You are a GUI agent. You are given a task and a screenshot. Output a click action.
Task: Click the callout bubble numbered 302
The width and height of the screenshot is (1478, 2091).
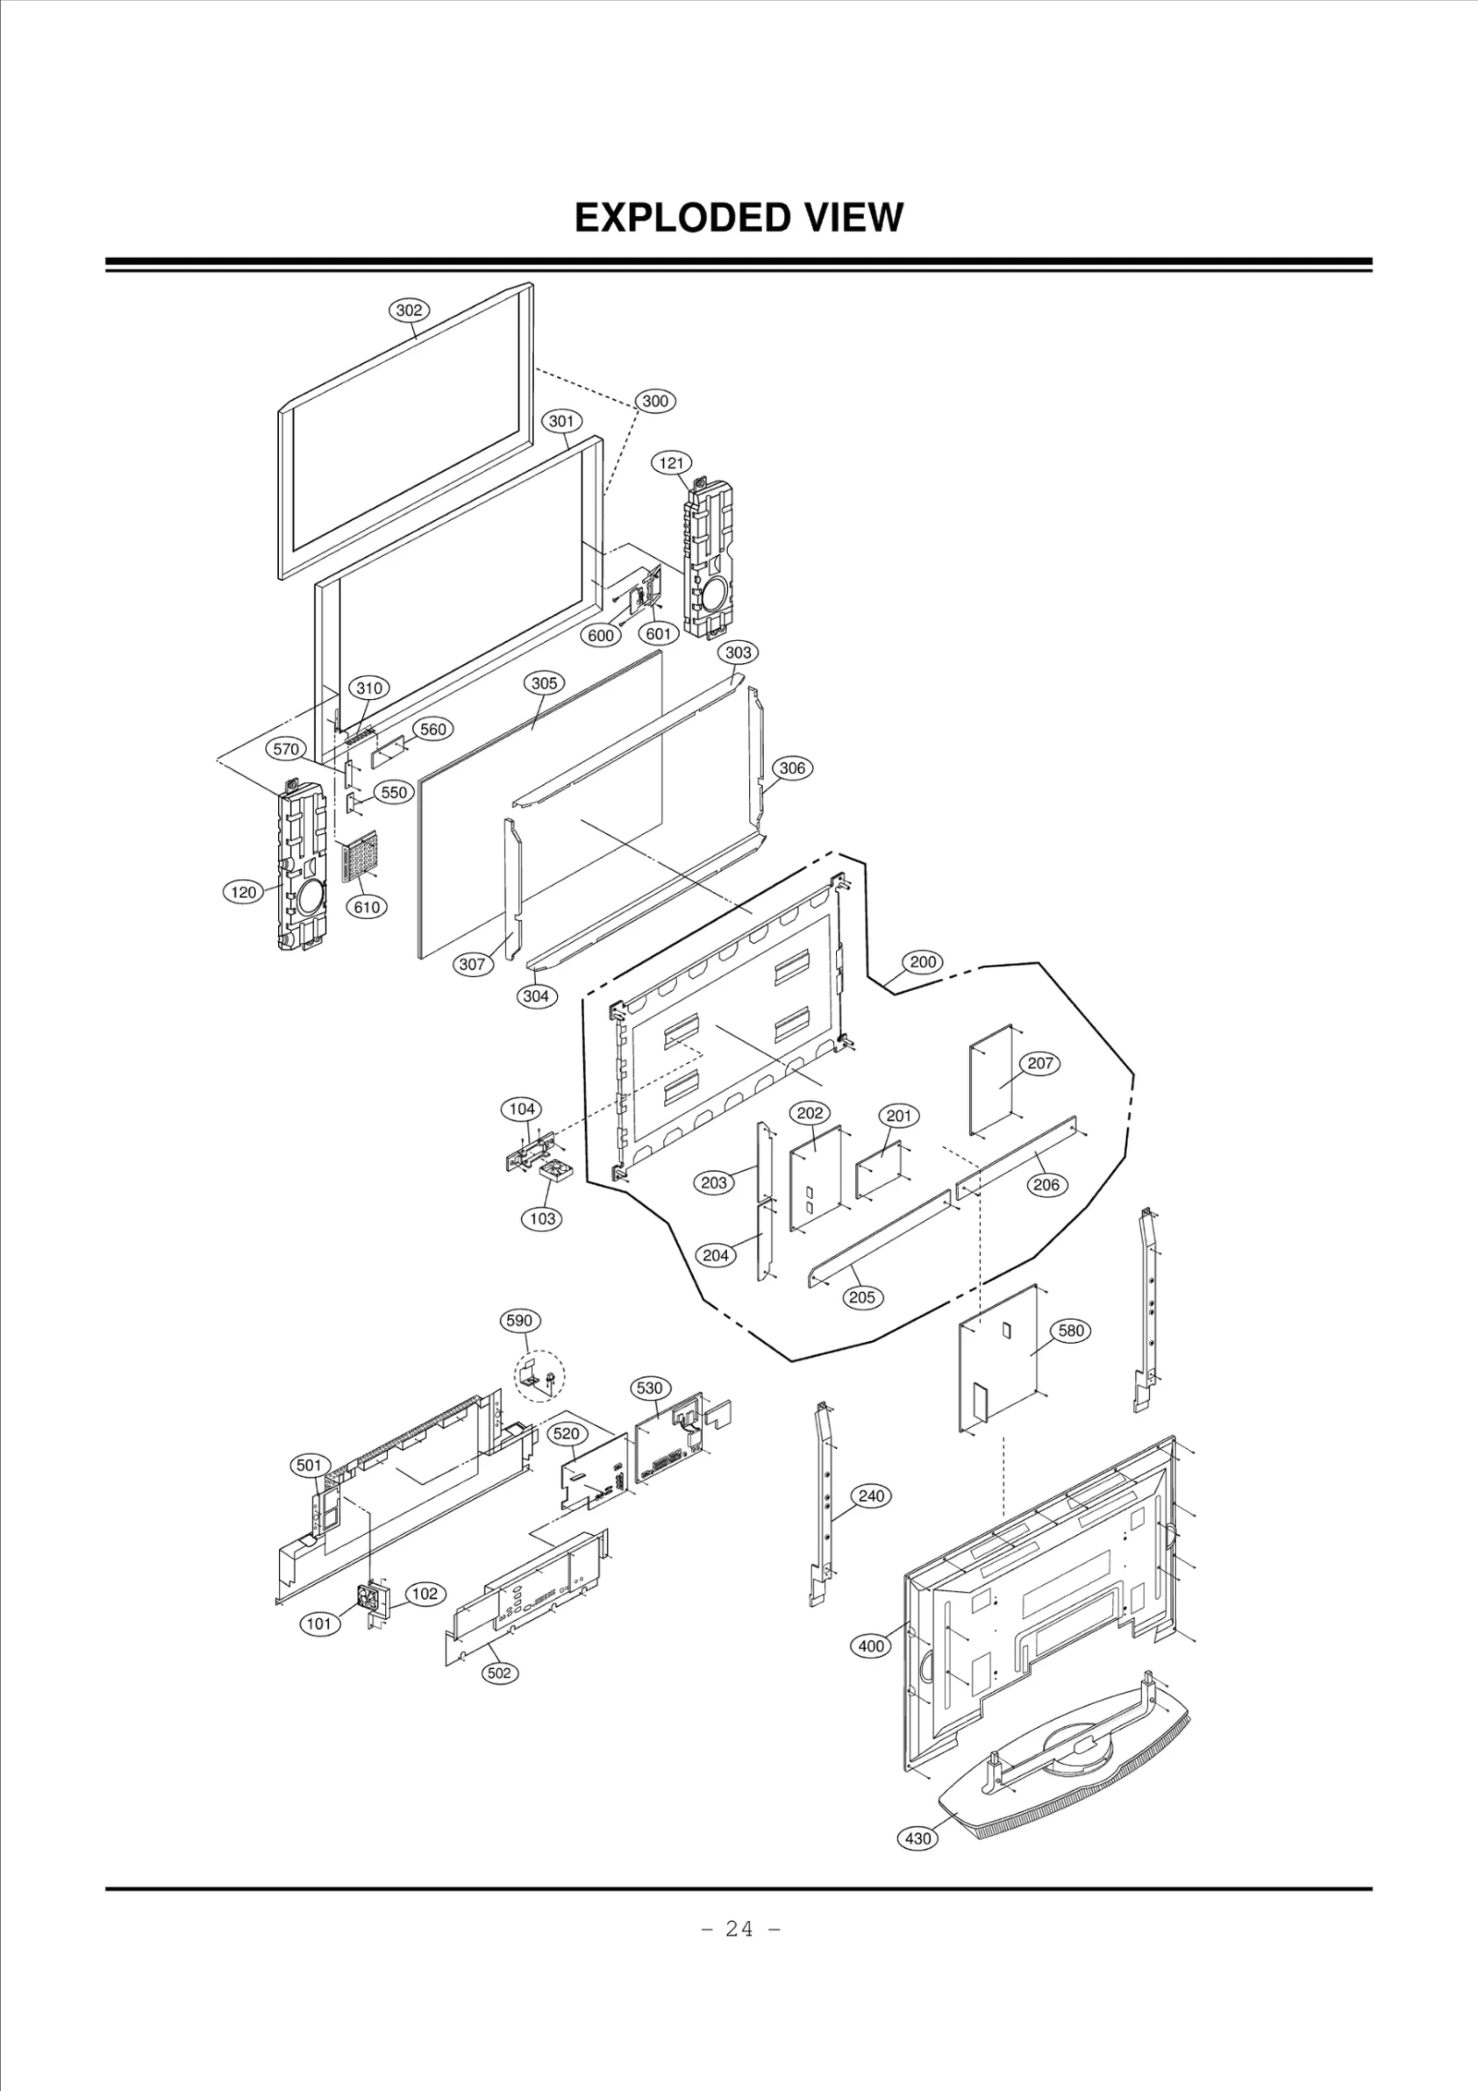[408, 310]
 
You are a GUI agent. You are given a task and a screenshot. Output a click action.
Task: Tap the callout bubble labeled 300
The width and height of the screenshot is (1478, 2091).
[655, 401]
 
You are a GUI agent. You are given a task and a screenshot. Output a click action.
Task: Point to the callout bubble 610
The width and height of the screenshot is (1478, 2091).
[367, 907]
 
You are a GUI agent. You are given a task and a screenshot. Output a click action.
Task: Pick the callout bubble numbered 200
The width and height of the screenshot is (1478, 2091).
[923, 961]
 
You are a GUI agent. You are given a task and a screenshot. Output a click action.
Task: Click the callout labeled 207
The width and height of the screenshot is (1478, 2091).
[1040, 1063]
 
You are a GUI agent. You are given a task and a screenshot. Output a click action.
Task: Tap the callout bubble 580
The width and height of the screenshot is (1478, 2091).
[1071, 1331]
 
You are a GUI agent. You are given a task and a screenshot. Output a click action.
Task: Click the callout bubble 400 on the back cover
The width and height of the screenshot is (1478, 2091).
[871, 1646]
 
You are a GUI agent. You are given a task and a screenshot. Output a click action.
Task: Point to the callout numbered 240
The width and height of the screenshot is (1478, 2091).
[871, 1495]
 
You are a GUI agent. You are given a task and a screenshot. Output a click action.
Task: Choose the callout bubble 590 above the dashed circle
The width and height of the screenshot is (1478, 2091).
[519, 1321]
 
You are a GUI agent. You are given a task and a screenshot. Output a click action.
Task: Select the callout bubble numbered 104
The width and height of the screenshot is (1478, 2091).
[522, 1109]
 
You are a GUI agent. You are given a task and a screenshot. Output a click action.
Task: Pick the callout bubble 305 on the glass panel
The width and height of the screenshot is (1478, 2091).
[544, 683]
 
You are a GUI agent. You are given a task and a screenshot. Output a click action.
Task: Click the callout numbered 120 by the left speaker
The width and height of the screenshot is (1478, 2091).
[243, 892]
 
